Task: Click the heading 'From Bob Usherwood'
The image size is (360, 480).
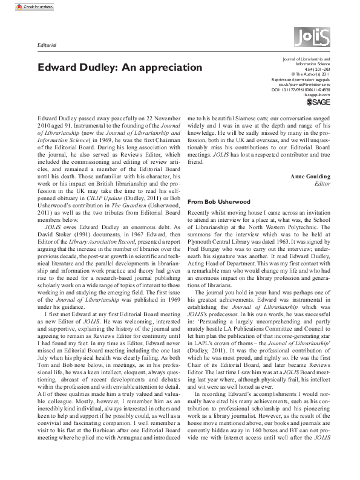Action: tap(218, 200)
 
